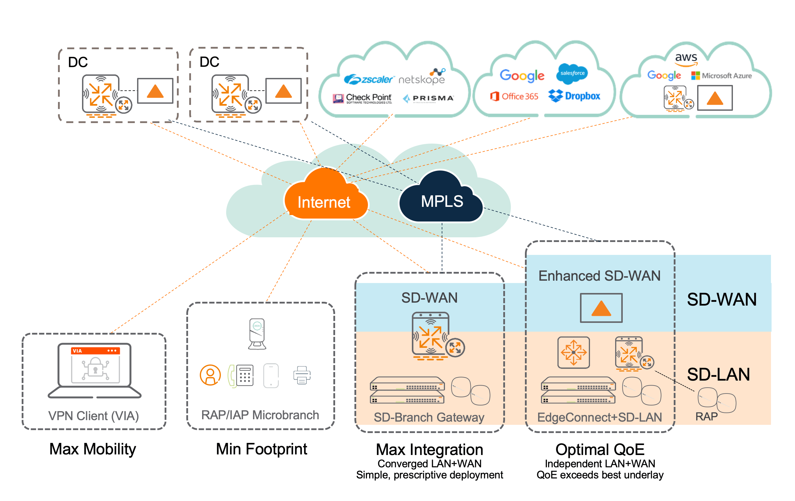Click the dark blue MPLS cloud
(441, 200)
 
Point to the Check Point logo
(363, 98)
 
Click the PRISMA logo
(429, 98)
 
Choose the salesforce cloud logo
(572, 73)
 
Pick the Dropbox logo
(574, 96)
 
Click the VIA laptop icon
(95, 370)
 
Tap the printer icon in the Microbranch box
(302, 375)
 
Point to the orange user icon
(210, 375)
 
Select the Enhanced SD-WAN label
(599, 276)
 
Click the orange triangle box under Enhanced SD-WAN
(601, 308)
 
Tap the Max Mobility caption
(93, 449)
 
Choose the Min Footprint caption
(262, 449)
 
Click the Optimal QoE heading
(600, 449)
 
